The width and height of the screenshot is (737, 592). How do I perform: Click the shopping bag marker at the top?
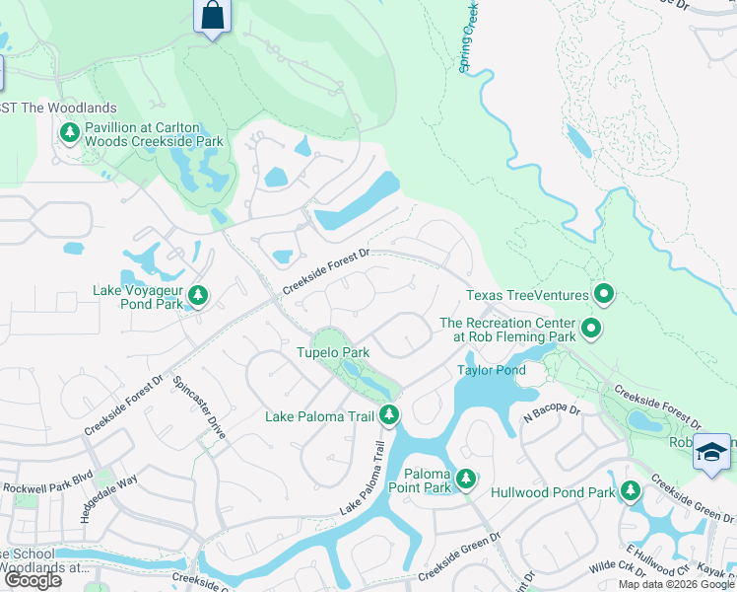click(x=212, y=17)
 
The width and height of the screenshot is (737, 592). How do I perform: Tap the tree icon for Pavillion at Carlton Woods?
click(x=70, y=132)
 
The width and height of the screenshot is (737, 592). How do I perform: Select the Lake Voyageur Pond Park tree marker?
click(x=197, y=295)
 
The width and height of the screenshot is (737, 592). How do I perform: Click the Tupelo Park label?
click(x=333, y=352)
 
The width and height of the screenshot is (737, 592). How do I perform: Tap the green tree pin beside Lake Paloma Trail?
click(x=390, y=416)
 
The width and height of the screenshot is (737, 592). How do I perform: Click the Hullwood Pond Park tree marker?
click(x=629, y=488)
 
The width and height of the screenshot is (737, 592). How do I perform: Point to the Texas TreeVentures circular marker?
click(x=604, y=294)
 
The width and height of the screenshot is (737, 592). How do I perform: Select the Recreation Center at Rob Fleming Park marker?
click(x=590, y=328)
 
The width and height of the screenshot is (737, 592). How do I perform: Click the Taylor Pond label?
click(x=491, y=370)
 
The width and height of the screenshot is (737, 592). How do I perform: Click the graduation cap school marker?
click(x=711, y=452)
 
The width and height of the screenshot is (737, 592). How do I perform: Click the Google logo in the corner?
click(x=33, y=579)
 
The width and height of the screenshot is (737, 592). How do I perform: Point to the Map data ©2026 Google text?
click(x=676, y=584)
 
